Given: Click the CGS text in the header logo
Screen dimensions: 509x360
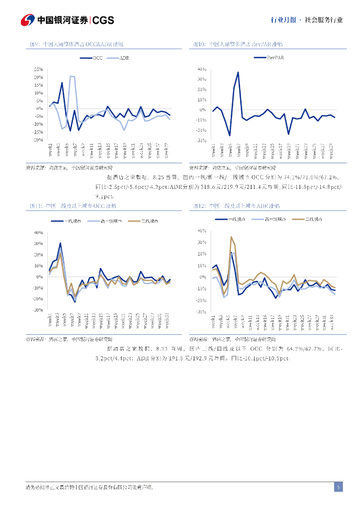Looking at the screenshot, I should (103, 20).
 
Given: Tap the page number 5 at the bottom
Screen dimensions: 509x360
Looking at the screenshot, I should (338, 487).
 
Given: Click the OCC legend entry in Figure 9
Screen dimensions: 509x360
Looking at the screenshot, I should (93, 58).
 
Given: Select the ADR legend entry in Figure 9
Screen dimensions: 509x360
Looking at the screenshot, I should (119, 58).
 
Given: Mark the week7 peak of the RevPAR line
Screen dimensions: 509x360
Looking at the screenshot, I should (238, 73).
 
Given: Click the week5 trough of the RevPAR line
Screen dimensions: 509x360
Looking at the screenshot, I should (230, 135).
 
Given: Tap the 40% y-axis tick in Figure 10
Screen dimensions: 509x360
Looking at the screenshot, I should (202, 69).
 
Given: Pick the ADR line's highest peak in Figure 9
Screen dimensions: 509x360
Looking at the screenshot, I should (71, 76).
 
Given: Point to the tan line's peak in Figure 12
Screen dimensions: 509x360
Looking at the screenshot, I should (231, 237).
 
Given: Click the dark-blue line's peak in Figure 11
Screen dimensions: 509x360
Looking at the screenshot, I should (60, 243).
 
